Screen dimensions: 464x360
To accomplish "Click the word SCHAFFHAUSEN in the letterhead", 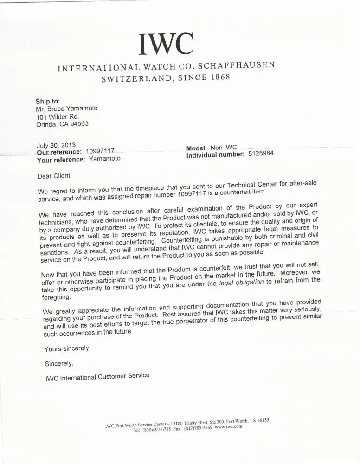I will click(x=236, y=64).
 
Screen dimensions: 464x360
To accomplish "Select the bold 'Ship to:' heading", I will click(x=48, y=102).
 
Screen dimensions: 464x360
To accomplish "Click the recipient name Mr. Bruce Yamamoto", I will click(x=67, y=109).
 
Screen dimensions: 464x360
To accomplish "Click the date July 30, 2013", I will click(x=56, y=145).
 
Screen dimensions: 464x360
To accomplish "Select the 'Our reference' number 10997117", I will click(x=100, y=151).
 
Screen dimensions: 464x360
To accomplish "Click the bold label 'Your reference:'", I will click(x=61, y=159).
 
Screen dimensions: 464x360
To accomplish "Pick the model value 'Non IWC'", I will click(x=224, y=148).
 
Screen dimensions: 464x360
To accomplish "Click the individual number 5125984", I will click(x=261, y=154).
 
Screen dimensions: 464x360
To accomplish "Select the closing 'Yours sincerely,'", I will click(x=67, y=348).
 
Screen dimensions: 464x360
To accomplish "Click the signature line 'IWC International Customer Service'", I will click(x=97, y=377).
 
